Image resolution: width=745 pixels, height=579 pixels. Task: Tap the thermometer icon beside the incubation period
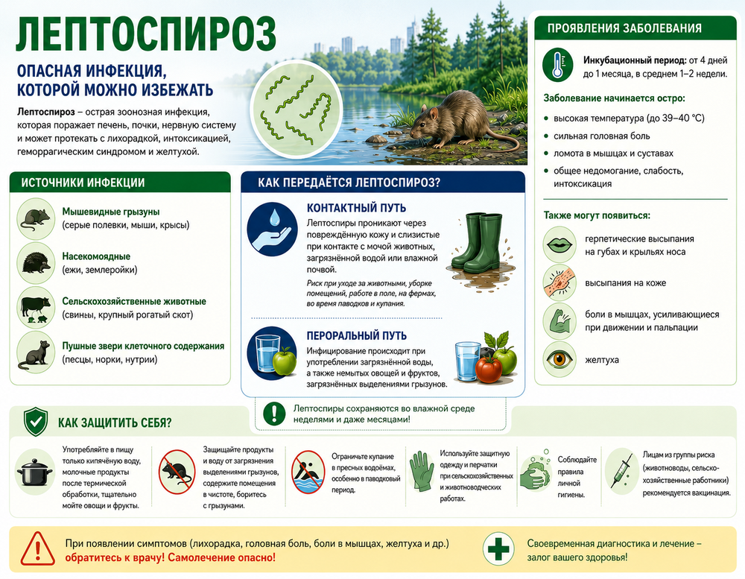pyautogui.click(x=558, y=64)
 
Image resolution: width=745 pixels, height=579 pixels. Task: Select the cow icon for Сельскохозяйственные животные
pyautogui.click(x=36, y=308)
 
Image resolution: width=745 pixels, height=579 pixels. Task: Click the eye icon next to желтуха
pyautogui.click(x=559, y=359)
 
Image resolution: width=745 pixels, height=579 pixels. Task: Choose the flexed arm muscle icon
pyautogui.click(x=559, y=321)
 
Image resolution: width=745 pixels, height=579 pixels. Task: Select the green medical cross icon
pyautogui.click(x=498, y=549)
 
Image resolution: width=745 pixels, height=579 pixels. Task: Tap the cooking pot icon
pyautogui.click(x=35, y=472)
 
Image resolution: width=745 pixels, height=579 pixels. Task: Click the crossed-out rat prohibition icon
pyautogui.click(x=177, y=472)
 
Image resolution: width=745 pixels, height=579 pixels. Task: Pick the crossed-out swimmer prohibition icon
pyautogui.click(x=308, y=472)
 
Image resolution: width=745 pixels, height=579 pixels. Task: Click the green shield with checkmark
pyautogui.click(x=36, y=422)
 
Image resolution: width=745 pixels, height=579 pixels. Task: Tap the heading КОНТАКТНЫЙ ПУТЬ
pyautogui.click(x=356, y=208)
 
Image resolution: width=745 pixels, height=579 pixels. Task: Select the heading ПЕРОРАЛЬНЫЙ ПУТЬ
pyautogui.click(x=356, y=335)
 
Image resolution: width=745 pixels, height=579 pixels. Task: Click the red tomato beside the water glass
pyautogui.click(x=488, y=370)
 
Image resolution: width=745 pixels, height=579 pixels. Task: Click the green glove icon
pyautogui.click(x=421, y=471)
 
